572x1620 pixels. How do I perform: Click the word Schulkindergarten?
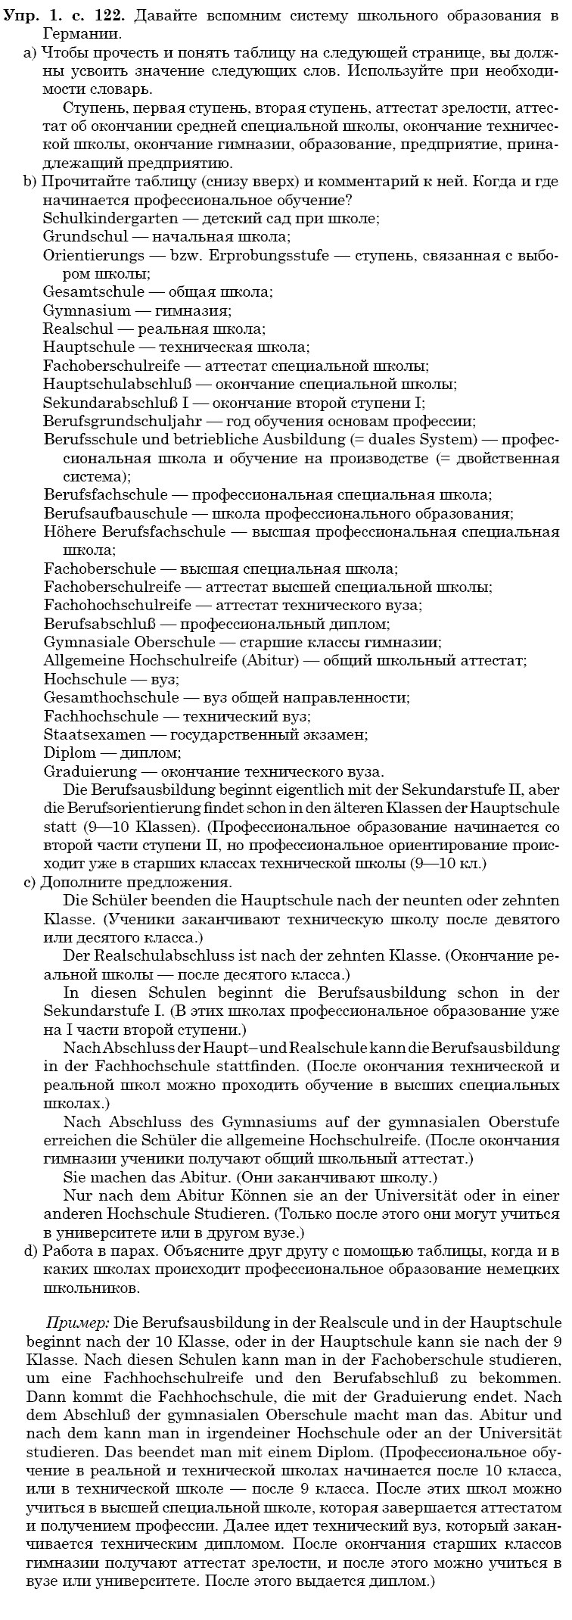(110, 219)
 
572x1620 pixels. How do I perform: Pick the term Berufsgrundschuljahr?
(124, 422)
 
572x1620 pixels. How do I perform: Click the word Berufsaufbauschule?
(116, 514)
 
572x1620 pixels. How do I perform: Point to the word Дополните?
(82, 883)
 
